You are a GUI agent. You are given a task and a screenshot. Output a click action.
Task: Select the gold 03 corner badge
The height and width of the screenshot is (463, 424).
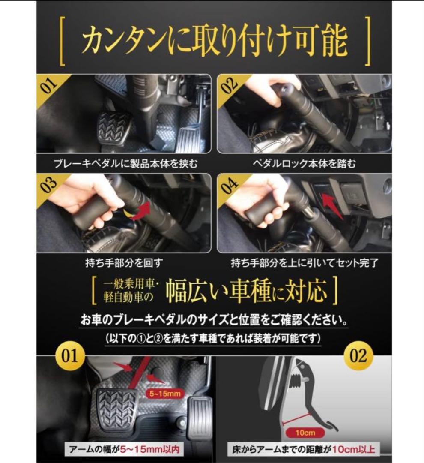(x=48, y=184)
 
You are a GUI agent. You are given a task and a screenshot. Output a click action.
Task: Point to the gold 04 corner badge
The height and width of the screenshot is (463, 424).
(x=228, y=184)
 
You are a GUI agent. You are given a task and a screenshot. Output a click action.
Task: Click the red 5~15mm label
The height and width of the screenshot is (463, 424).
(x=164, y=393)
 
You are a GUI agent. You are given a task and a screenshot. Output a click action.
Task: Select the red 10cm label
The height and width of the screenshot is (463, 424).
(x=305, y=433)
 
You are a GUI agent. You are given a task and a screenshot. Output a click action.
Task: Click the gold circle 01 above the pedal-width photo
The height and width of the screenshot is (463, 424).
(x=70, y=356)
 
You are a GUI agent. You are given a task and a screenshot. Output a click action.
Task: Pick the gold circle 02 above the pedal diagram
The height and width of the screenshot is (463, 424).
(x=358, y=356)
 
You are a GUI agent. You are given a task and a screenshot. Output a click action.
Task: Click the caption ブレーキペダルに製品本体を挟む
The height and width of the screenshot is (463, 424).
(x=125, y=163)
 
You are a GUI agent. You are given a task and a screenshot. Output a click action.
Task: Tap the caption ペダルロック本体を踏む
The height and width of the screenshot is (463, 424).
(x=304, y=163)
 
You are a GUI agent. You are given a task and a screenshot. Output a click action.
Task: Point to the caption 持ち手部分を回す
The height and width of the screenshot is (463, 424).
(x=124, y=262)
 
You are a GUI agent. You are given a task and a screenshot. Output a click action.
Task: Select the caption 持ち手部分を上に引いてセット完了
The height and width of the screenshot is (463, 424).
(x=304, y=262)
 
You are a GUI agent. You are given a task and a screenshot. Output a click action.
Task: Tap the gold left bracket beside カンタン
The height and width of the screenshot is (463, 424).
(x=62, y=41)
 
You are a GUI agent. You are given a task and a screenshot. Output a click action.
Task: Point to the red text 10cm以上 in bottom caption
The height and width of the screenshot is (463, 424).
(x=353, y=449)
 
